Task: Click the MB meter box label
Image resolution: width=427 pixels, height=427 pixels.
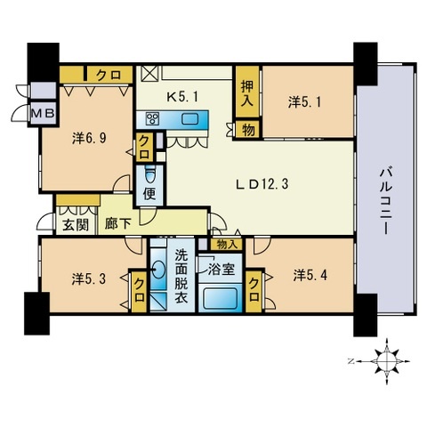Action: [44, 113]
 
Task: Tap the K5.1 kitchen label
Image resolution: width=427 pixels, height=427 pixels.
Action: [182, 97]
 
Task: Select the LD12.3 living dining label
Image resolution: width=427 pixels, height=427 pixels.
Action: [262, 184]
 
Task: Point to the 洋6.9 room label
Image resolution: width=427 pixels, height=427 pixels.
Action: [89, 138]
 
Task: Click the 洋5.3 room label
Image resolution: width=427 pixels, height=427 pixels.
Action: [89, 279]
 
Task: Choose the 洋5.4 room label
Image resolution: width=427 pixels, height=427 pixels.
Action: [310, 276]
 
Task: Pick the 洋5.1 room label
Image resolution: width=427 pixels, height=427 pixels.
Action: [304, 102]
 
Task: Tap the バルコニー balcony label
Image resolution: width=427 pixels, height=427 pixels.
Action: [386, 201]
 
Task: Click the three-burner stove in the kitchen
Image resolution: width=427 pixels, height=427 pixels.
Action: [152, 119]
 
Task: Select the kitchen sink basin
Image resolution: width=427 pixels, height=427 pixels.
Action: [189, 119]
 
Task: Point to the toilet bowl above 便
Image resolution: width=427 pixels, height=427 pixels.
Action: [150, 176]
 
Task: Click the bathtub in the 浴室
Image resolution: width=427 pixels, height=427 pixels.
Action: [220, 298]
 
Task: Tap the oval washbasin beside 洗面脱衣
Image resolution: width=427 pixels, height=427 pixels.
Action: [158, 270]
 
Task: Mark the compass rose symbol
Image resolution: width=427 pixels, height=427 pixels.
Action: [387, 361]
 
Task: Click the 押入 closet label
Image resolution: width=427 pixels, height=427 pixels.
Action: [247, 93]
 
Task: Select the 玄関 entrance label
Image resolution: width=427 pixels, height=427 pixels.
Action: [76, 226]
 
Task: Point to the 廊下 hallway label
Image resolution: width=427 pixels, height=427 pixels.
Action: [118, 224]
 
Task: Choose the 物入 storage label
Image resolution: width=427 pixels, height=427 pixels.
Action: [227, 245]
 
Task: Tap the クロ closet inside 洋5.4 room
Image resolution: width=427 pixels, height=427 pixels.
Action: [254, 291]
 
